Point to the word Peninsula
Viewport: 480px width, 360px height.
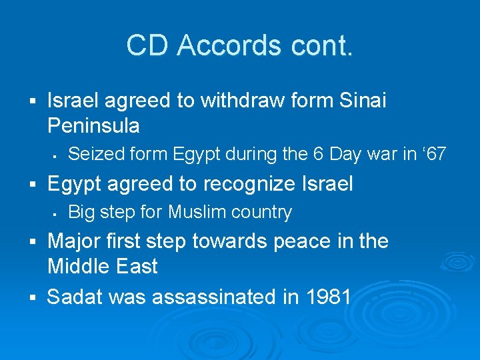(93, 125)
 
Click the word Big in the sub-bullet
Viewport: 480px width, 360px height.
(82, 212)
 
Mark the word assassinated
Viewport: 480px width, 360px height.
(216, 297)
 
